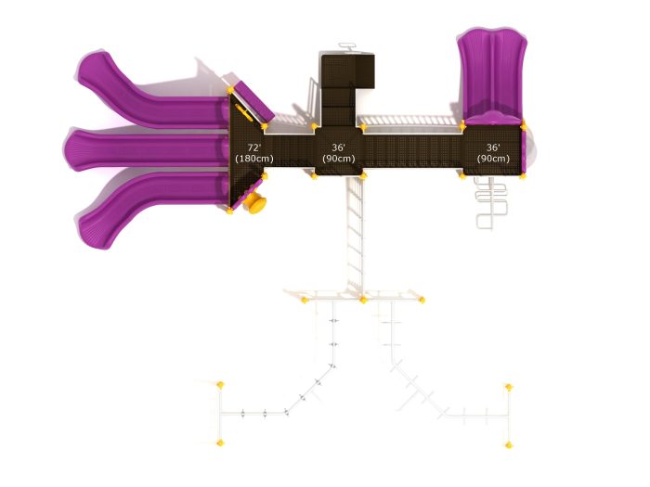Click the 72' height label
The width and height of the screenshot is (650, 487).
(x=254, y=147)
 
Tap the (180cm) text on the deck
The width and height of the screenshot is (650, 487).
(x=254, y=159)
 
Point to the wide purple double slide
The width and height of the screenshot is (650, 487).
(x=491, y=74)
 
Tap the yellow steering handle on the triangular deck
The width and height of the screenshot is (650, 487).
(x=244, y=112)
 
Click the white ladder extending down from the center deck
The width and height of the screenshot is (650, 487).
(x=356, y=234)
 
